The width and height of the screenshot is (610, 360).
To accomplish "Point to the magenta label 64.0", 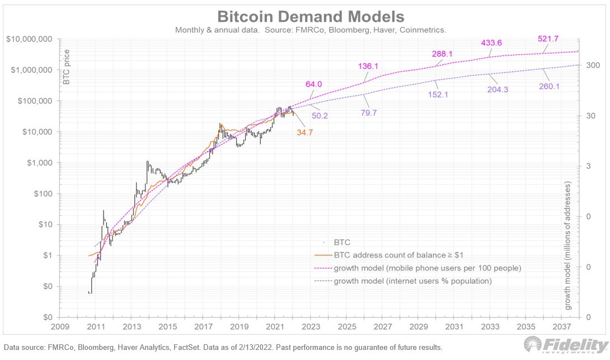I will pos(313,84).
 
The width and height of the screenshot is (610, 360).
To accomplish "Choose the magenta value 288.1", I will pos(442,54).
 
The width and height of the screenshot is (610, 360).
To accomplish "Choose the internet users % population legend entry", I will pos(413,281).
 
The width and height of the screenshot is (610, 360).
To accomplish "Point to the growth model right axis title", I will pos(567,246).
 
